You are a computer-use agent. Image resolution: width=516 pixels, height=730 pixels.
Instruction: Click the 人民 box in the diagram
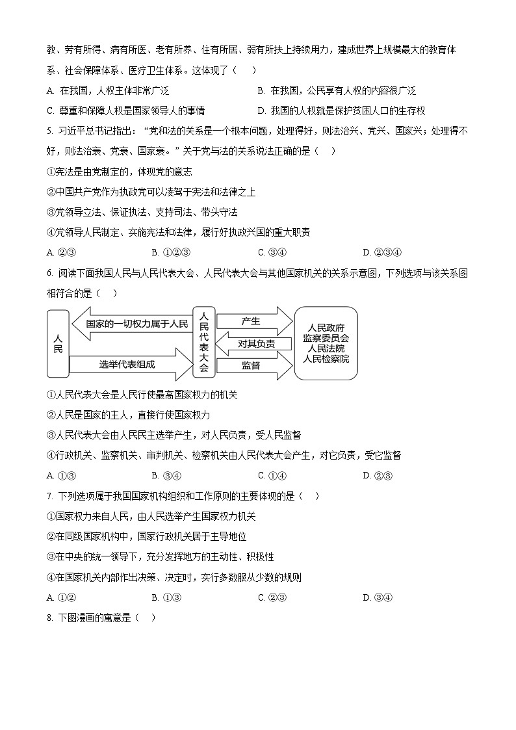click(x=57, y=344)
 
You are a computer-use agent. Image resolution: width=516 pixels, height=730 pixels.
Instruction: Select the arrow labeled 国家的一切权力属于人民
click(x=130, y=323)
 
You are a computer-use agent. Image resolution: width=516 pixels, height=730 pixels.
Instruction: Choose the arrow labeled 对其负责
click(x=255, y=344)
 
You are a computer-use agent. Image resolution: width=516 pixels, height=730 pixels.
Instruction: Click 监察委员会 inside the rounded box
click(x=326, y=338)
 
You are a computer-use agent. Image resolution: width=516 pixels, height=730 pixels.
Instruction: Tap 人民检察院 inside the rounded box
click(x=326, y=359)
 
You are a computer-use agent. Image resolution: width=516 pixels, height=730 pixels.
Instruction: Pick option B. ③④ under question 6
click(x=166, y=475)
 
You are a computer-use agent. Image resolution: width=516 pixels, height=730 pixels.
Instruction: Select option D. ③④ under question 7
click(x=378, y=597)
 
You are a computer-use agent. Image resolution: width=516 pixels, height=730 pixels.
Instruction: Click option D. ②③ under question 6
click(x=378, y=475)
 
